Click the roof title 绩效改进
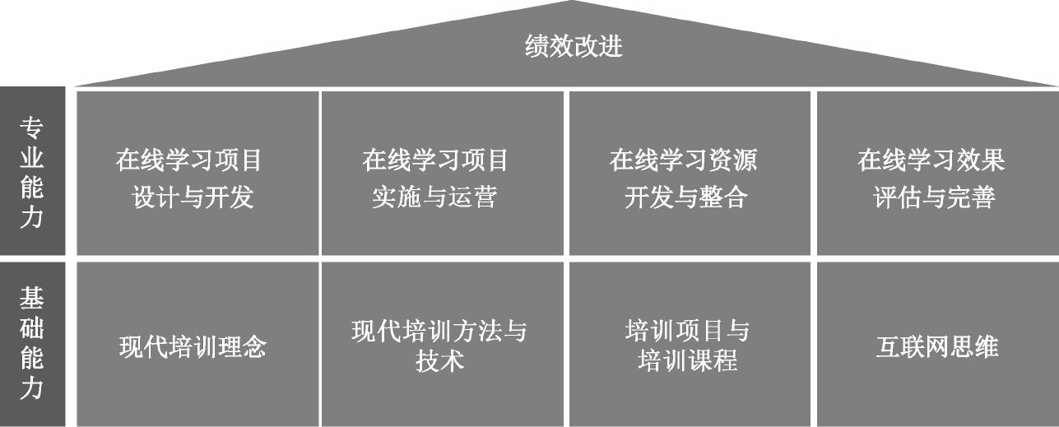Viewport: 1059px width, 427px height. coord(574,46)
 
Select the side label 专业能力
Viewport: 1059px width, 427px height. coord(31,172)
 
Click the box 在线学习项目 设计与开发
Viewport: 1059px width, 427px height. coord(197,173)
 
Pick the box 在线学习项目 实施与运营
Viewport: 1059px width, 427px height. coord(442,173)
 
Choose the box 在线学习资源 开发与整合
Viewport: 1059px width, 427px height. coord(689,173)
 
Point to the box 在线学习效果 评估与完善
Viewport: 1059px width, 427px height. coord(936,173)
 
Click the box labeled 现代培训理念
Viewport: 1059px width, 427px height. coord(197,344)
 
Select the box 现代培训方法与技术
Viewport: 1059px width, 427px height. coord(442,344)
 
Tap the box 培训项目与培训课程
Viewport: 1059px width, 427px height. coord(689,344)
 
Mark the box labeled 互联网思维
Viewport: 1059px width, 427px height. coord(936,344)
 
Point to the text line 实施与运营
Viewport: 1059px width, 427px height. coord(434,197)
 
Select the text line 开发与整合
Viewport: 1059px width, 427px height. coord(685,197)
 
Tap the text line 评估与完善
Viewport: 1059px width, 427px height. coord(934,197)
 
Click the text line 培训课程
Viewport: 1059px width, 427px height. coord(687,360)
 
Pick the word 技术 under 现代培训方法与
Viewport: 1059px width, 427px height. coord(440,360)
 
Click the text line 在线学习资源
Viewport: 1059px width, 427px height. coord(683,160)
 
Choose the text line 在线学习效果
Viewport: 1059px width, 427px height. coord(931,160)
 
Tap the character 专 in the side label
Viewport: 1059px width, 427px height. coord(31,128)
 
